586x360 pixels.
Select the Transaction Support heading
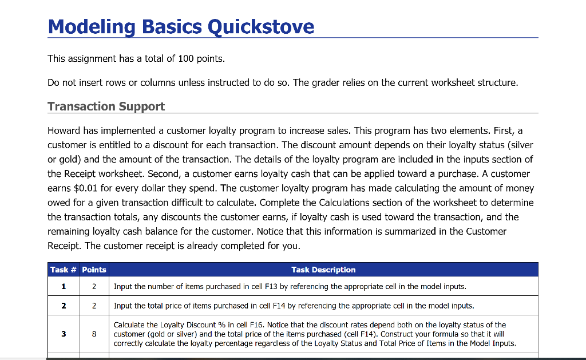click(x=106, y=106)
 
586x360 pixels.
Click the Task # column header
click(x=63, y=270)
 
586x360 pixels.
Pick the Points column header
click(x=94, y=270)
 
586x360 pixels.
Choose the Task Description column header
click(x=323, y=270)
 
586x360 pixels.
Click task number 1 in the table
click(x=63, y=286)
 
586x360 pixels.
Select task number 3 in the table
click(x=63, y=334)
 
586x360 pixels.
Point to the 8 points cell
click(x=94, y=334)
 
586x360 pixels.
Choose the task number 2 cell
click(x=63, y=305)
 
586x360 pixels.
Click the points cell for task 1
click(x=94, y=286)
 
